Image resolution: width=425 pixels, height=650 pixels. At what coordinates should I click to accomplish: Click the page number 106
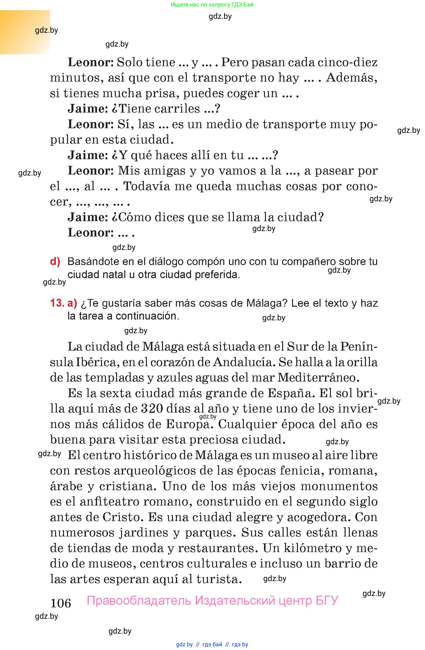pyautogui.click(x=61, y=603)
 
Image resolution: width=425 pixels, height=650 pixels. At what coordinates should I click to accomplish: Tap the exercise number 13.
pyautogui.click(x=57, y=303)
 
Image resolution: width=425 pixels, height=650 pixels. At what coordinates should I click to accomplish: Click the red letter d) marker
pyautogui.click(x=55, y=262)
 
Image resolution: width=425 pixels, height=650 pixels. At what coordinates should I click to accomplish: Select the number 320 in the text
pyautogui.click(x=153, y=409)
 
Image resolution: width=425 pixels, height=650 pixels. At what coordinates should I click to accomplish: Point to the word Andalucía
pyautogui.click(x=243, y=362)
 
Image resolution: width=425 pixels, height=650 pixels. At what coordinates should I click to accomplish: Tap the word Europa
pyautogui.click(x=189, y=424)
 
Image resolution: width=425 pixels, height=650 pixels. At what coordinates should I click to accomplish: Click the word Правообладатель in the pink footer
pyautogui.click(x=139, y=600)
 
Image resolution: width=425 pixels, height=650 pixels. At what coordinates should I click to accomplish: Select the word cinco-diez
pyautogui.click(x=348, y=62)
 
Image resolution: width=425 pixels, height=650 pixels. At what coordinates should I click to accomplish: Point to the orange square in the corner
pyautogui.click(x=25, y=32)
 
